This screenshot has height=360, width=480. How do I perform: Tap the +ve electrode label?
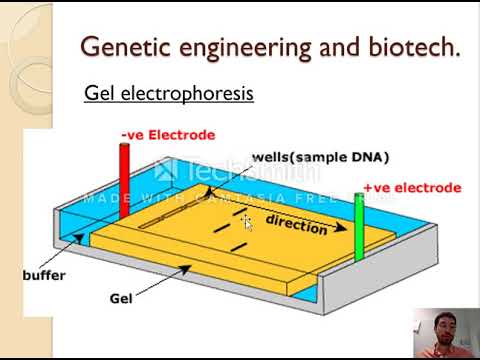(x=412, y=187)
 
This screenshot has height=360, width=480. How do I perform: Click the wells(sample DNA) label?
(x=306, y=157)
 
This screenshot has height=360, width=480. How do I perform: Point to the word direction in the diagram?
(x=297, y=223)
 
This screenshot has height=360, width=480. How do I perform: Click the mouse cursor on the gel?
(x=246, y=221)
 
